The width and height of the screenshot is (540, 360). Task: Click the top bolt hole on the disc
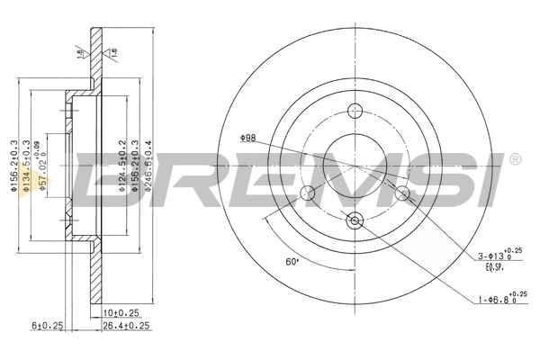(354, 111)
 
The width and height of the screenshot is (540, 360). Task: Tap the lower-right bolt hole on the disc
(401, 193)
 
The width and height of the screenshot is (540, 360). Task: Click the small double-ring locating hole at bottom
(354, 220)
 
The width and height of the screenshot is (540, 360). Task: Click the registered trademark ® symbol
(514, 159)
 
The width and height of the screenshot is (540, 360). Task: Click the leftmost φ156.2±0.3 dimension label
(14, 166)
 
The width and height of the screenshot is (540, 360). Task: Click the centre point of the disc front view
(354, 166)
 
